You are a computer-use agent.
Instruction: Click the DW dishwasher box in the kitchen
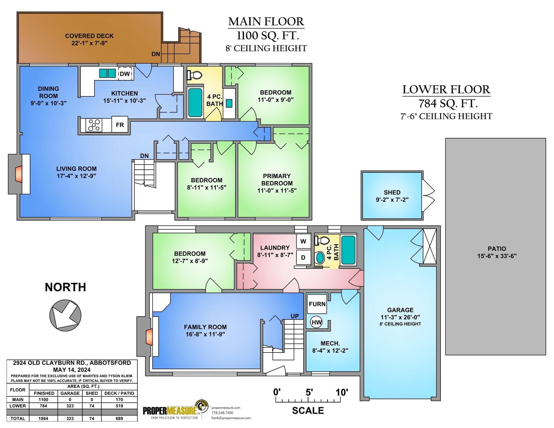(x=125, y=74)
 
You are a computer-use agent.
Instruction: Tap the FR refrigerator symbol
(x=119, y=125)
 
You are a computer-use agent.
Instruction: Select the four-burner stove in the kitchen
(x=94, y=125)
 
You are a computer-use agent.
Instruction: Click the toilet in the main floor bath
(x=195, y=75)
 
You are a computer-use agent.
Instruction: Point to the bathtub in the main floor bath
(x=195, y=102)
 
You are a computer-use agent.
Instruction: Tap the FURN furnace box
(x=317, y=304)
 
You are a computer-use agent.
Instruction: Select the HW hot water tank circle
(x=316, y=322)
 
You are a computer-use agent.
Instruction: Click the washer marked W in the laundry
(x=303, y=241)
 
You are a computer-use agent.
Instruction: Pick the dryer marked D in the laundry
(x=303, y=258)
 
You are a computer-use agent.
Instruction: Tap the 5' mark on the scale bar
(x=309, y=392)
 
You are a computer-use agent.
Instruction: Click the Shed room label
(x=392, y=192)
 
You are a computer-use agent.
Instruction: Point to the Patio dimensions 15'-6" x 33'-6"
(x=497, y=256)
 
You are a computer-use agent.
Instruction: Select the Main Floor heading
(x=266, y=21)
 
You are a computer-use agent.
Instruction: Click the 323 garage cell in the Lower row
(x=70, y=406)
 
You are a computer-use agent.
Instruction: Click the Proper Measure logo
(x=176, y=410)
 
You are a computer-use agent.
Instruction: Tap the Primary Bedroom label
(x=277, y=179)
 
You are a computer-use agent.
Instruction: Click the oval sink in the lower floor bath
(x=320, y=258)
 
